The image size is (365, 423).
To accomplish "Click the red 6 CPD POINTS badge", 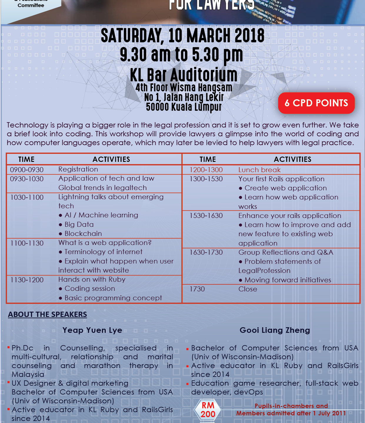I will [x=316, y=103].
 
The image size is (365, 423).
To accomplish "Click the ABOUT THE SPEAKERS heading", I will [x=47, y=314].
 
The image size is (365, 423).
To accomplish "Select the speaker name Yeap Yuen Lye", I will [x=92, y=330].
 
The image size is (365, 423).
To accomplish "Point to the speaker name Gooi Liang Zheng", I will [x=275, y=330].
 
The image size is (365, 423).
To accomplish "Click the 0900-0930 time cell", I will [x=27, y=170].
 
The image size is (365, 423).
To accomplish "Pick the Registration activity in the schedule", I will [x=78, y=169].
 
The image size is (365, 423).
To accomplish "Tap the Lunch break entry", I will [x=259, y=170].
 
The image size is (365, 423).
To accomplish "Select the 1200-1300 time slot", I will [x=206, y=170].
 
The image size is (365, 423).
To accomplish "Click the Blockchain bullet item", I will [x=83, y=234].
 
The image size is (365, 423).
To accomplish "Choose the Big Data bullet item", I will [x=79, y=224].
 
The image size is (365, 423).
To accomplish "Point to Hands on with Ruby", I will [x=92, y=279].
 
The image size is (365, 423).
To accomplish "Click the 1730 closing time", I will [x=197, y=289].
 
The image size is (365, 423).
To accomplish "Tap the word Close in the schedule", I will [x=248, y=289].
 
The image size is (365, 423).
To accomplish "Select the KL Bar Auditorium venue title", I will [x=184, y=75].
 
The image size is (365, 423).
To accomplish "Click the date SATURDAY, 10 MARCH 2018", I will [x=183, y=36].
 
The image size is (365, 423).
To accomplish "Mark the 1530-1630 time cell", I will [x=206, y=216].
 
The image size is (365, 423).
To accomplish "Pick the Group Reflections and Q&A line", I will [x=286, y=252].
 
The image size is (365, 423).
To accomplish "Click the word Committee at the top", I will [x=31, y=5].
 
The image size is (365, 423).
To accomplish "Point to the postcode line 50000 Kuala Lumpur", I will [x=184, y=107].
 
